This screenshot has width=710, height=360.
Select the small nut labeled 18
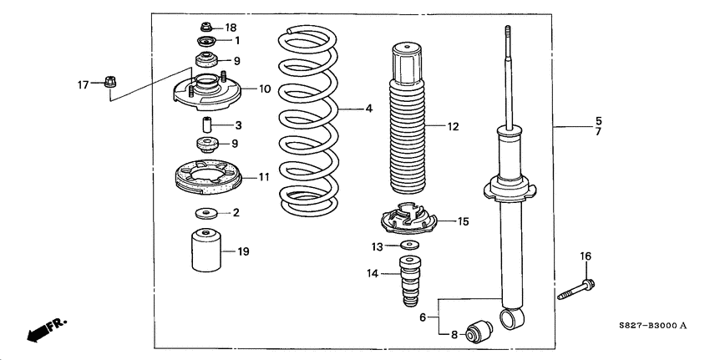tap(205, 28)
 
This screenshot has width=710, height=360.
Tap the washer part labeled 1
tap(205, 42)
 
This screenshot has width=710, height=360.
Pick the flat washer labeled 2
tap(205, 213)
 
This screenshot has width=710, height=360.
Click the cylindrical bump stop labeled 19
tap(205, 251)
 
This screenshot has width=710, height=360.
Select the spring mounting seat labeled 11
tap(206, 177)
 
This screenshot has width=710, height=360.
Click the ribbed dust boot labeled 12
tap(409, 125)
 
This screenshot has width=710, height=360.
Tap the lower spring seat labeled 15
tap(410, 222)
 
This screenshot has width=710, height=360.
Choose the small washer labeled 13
tap(409, 246)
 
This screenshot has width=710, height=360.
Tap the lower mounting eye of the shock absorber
tap(511, 317)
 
